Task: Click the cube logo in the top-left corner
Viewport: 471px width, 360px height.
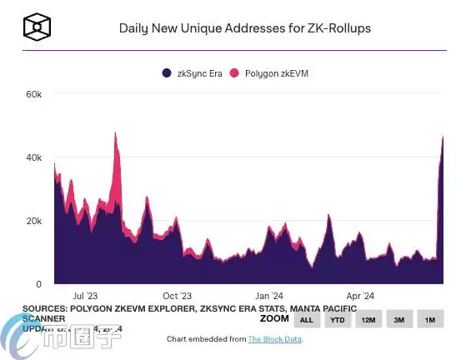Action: (38, 27)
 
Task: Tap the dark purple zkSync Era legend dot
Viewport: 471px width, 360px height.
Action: (167, 73)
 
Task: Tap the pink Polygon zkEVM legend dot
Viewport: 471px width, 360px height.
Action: (235, 73)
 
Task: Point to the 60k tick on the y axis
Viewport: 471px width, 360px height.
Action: (33, 94)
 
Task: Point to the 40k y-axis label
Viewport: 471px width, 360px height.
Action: (33, 157)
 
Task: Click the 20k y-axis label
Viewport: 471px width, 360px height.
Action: (33, 221)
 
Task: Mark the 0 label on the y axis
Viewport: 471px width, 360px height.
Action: (38, 284)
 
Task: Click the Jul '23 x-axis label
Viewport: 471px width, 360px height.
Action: (86, 295)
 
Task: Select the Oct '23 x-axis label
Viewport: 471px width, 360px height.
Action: (177, 295)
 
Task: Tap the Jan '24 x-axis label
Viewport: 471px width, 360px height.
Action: (268, 295)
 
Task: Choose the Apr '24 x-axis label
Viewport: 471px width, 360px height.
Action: (359, 295)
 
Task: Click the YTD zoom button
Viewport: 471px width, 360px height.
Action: (337, 320)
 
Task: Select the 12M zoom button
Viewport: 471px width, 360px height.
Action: (368, 320)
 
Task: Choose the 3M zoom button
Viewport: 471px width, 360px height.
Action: (399, 320)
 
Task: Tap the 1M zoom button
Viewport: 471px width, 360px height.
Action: (430, 320)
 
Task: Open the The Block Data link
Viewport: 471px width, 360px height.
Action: (275, 339)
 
